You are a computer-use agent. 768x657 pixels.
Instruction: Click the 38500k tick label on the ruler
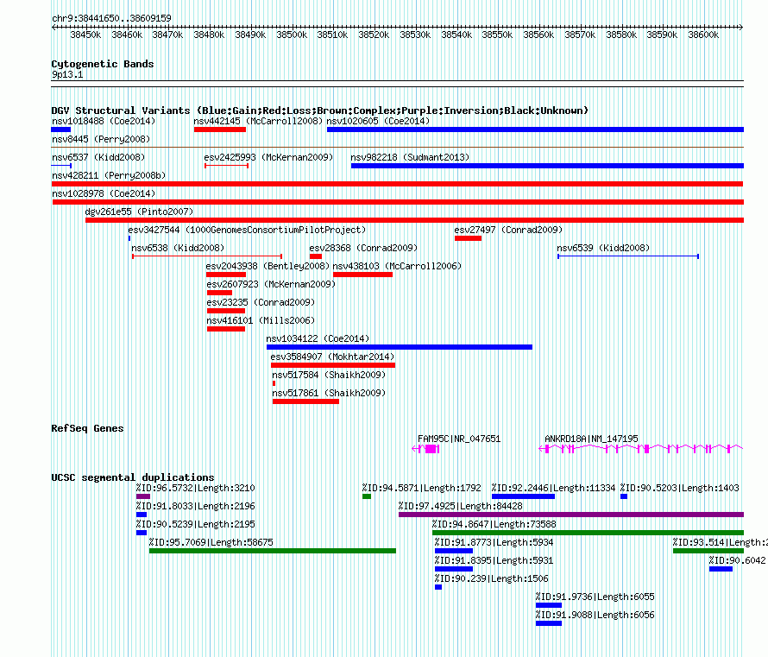point(292,35)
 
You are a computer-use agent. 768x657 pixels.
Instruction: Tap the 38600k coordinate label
point(703,35)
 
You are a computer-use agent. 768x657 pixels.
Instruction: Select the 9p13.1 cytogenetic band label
point(67,74)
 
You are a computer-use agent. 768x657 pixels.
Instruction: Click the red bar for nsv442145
point(220,130)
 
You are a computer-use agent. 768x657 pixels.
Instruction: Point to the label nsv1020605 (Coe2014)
point(378,121)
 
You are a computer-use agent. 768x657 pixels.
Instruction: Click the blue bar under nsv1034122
point(400,347)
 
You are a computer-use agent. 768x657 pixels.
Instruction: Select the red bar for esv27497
point(468,238)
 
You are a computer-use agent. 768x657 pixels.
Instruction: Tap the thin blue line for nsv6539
point(628,256)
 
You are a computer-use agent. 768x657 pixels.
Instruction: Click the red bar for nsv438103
point(362,275)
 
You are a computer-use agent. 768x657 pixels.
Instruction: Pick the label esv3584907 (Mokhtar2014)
point(332,357)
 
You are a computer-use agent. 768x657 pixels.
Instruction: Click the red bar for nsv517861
point(305,401)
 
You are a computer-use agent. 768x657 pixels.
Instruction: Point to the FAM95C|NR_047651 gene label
point(459,439)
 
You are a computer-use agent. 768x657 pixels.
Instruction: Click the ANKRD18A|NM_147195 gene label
point(591,439)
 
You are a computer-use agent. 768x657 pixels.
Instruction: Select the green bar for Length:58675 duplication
point(273,551)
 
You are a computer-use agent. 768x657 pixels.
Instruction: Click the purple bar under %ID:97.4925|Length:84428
point(571,515)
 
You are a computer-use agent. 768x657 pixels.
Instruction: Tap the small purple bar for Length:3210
point(143,496)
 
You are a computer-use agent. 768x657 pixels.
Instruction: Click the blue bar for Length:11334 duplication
point(523,496)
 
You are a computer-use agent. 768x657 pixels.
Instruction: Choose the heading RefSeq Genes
point(87,428)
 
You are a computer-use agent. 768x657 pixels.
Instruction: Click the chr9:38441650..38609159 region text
point(111,18)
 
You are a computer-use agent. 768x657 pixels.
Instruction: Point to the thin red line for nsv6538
point(207,256)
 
